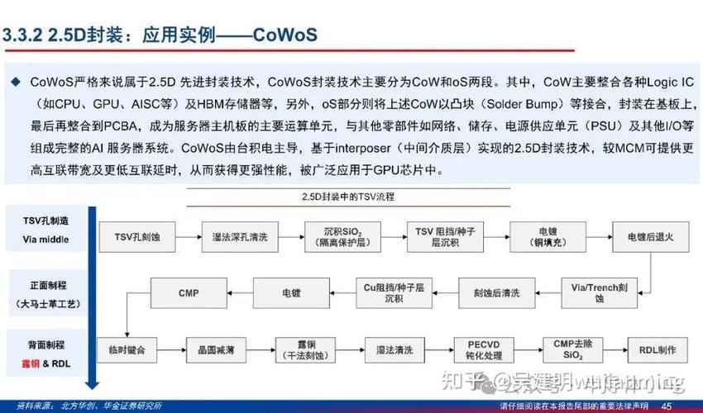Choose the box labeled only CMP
click(x=189, y=292)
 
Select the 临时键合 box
click(x=127, y=350)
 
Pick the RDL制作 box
click(x=653, y=349)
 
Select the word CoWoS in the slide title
click(x=285, y=37)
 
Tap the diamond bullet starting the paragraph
click(x=15, y=83)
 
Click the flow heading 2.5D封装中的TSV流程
click(x=351, y=198)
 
